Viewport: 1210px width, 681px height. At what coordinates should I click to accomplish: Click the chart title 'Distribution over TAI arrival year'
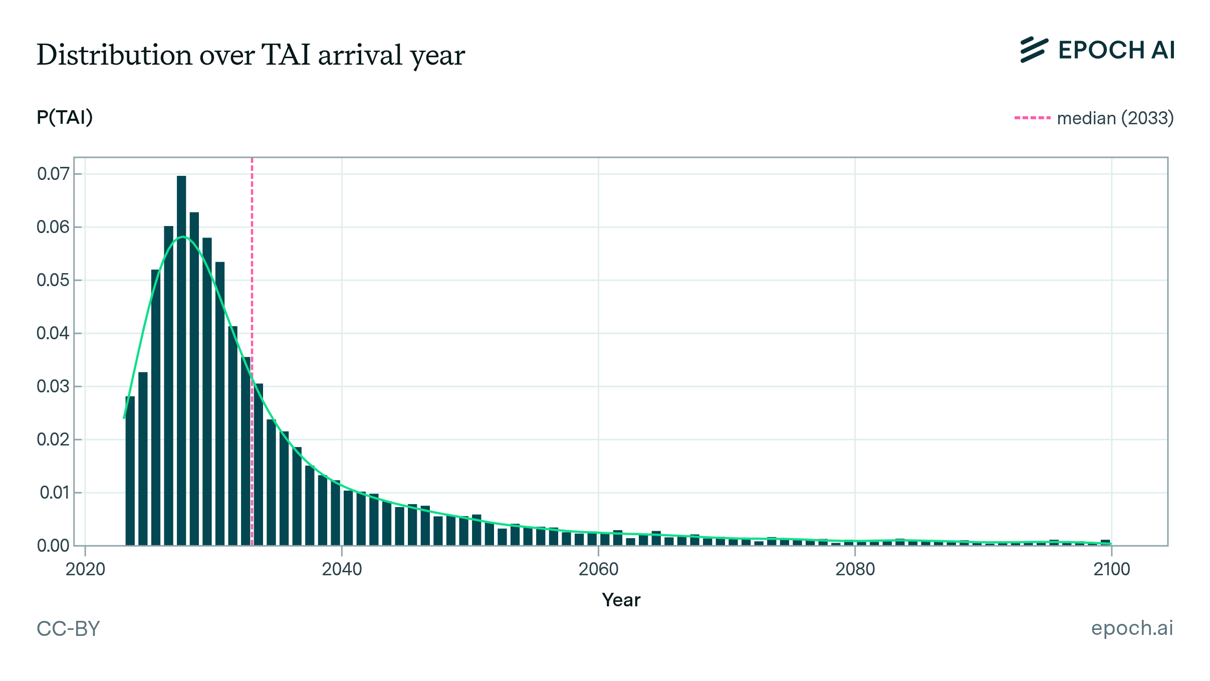tap(251, 55)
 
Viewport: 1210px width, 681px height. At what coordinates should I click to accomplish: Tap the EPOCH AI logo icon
tap(1034, 50)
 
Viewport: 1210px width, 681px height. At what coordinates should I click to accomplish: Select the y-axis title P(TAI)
tap(65, 117)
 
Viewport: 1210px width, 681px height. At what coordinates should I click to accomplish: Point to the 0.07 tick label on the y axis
tap(53, 174)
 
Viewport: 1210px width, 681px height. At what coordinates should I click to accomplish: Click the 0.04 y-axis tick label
tap(53, 333)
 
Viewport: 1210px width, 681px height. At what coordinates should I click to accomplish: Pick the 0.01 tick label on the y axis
tap(54, 493)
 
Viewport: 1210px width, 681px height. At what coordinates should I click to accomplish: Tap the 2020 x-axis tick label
tap(85, 569)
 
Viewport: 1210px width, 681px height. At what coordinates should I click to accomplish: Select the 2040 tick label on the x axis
tap(342, 569)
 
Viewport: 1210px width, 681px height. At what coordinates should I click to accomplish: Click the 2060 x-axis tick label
tap(598, 569)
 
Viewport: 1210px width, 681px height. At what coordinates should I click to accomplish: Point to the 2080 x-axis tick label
tap(855, 569)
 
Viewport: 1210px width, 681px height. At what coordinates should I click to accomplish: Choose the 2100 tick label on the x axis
tap(1112, 569)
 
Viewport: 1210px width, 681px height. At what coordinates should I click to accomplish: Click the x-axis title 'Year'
tap(621, 600)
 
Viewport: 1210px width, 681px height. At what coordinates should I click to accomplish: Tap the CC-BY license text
tap(68, 629)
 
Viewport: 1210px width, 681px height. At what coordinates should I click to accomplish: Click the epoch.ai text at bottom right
tap(1132, 628)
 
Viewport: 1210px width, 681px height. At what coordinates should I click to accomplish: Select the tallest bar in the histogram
tap(181, 361)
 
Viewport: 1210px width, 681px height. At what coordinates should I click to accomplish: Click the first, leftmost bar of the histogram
tap(130, 471)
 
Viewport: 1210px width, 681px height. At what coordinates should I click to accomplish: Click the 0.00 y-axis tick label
tap(53, 546)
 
